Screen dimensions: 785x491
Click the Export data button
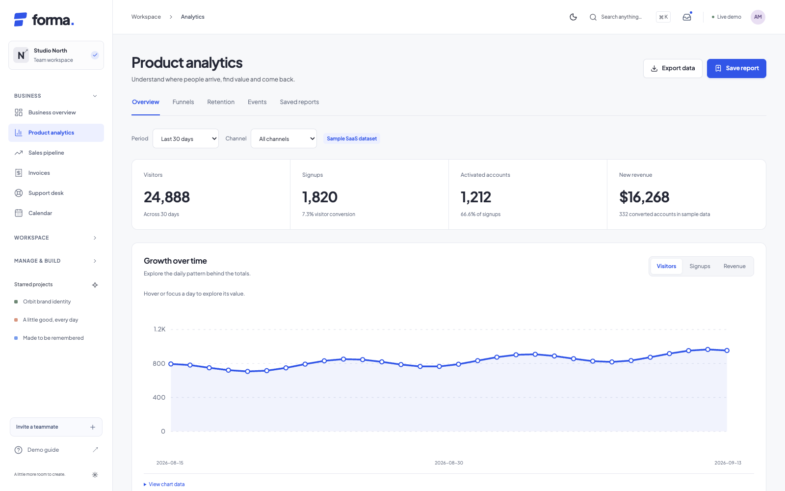point(673,68)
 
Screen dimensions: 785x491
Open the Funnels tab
point(183,102)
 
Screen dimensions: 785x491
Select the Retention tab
point(221,102)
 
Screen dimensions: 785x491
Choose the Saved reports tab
point(299,102)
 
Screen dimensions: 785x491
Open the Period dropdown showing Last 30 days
point(186,138)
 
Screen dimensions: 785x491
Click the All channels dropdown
point(284,138)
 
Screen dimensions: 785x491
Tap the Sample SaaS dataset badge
point(352,138)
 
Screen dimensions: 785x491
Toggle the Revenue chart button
point(734,266)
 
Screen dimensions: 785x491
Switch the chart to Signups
point(700,266)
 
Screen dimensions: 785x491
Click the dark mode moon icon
point(574,17)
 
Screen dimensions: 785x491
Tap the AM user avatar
point(758,17)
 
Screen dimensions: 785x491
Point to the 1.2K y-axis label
point(159,329)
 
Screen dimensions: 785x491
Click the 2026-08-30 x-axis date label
point(449,463)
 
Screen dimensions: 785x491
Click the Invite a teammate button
point(56,427)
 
